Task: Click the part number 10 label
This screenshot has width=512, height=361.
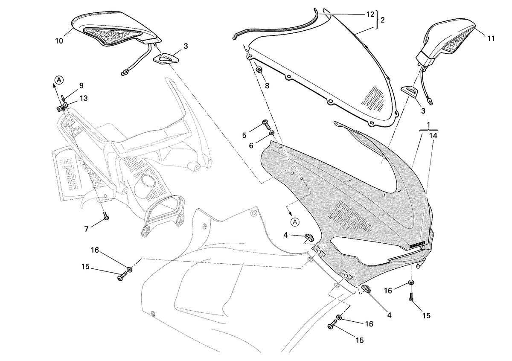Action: coord(59,41)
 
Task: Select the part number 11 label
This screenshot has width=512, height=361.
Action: coord(491,39)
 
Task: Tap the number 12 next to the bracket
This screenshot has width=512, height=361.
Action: coord(370,15)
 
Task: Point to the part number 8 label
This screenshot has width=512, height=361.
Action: coord(267,86)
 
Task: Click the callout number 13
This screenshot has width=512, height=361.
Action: coord(84,98)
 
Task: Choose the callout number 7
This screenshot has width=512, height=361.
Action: coord(86,229)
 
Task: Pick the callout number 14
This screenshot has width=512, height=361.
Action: coord(433,136)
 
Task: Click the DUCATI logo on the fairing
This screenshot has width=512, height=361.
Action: coord(417,245)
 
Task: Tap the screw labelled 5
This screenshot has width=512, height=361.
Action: coord(266,124)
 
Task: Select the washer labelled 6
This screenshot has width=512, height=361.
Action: coord(271,133)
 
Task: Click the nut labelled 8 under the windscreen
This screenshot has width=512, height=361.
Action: coord(259,70)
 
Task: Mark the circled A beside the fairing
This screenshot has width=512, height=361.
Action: coord(295,222)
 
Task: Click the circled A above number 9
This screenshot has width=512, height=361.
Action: coord(59,80)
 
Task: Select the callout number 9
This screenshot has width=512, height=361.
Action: coord(81,86)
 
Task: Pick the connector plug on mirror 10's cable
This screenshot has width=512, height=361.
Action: coord(124,73)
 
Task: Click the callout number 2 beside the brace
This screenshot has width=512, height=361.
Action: coord(382,20)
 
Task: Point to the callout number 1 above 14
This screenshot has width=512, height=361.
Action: coord(428,125)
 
